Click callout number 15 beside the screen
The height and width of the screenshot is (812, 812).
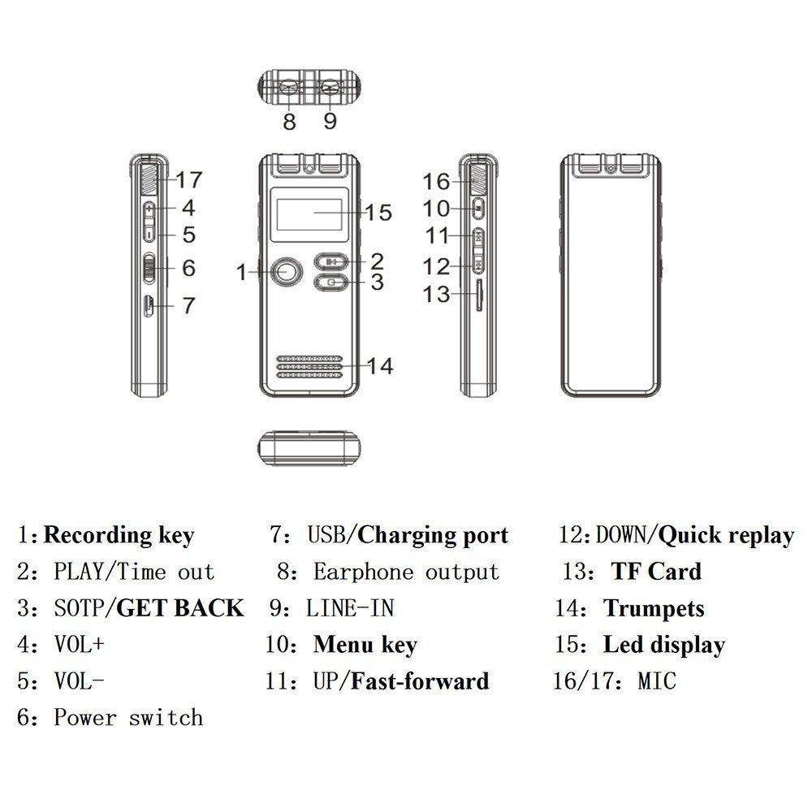tap(378, 213)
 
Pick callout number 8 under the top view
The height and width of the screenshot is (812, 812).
tap(290, 122)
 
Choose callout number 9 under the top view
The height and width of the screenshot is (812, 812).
tap(329, 122)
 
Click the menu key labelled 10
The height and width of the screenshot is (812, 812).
tap(477, 208)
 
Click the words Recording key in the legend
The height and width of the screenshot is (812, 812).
tap(119, 536)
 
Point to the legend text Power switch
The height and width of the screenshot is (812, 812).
tap(128, 718)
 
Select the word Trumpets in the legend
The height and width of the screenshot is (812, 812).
tap(654, 608)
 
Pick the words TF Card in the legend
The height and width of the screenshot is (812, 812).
tap(656, 572)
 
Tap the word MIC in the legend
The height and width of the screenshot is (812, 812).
tap(656, 680)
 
